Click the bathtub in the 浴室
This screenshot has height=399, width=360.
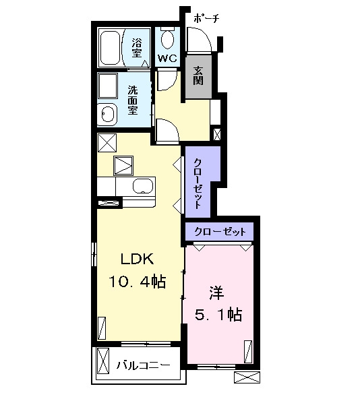coord(111,48)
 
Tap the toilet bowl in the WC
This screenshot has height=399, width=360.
coord(167,40)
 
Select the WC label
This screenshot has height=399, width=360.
coord(167,59)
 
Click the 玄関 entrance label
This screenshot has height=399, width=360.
coord(198,75)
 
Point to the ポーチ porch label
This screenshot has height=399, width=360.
coord(206,18)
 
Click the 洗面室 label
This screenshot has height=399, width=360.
coord(133,100)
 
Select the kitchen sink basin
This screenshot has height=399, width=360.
coord(143,186)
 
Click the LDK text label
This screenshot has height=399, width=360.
coord(138,259)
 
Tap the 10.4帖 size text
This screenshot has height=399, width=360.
coord(138,282)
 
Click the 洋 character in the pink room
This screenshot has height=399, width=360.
coord(216,293)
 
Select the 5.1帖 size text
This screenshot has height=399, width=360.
coord(218,315)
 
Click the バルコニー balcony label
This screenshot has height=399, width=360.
coord(144,365)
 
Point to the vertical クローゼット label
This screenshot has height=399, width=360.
coord(198,183)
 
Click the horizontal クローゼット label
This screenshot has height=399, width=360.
coord(220,232)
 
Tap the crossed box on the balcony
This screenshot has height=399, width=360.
coord(103,361)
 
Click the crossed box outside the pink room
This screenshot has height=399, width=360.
coord(247,377)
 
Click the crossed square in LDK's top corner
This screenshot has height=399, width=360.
coord(107,143)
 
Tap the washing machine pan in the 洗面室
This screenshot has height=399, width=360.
coord(108,86)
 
